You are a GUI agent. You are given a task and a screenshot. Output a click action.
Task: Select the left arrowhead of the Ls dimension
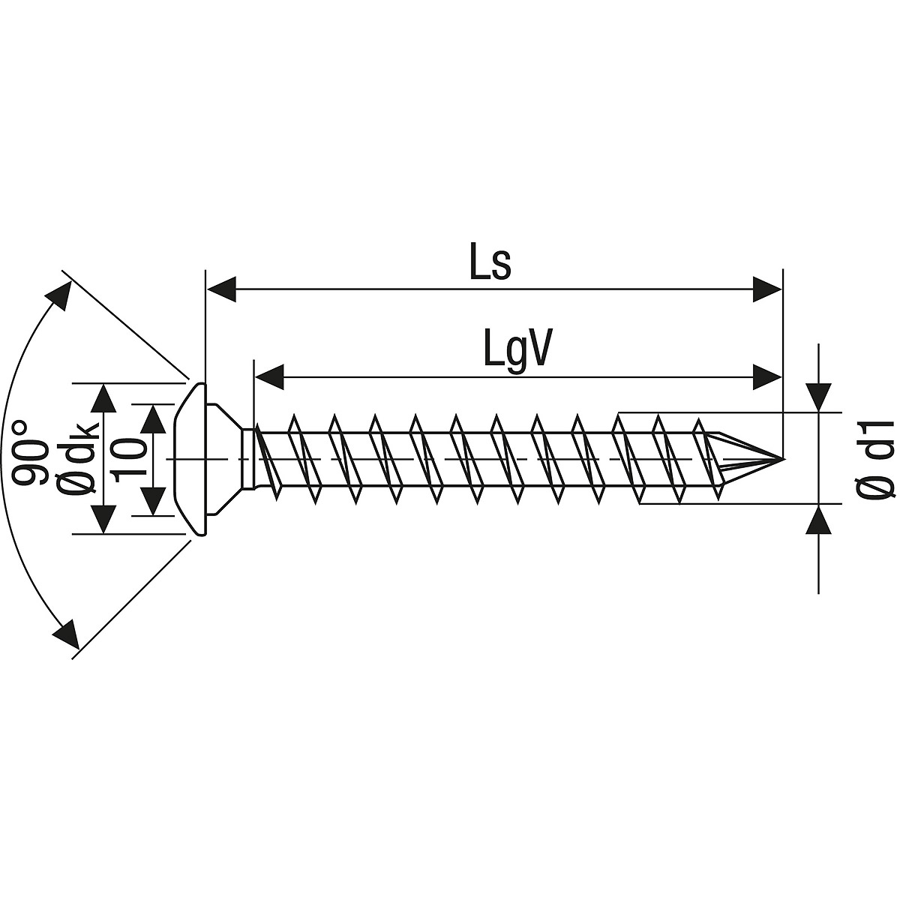tap(221, 289)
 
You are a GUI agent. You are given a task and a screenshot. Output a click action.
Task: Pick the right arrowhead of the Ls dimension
tap(767, 289)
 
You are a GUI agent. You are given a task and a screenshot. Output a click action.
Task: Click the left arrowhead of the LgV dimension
tap(270, 377)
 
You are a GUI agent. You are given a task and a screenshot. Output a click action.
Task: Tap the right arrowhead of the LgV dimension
tap(767, 377)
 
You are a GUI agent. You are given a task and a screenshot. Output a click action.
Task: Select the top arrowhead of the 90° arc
tap(60, 295)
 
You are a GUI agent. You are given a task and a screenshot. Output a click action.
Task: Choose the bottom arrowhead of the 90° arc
tap(65, 634)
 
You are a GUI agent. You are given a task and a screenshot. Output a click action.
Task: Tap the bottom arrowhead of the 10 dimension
tap(153, 501)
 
